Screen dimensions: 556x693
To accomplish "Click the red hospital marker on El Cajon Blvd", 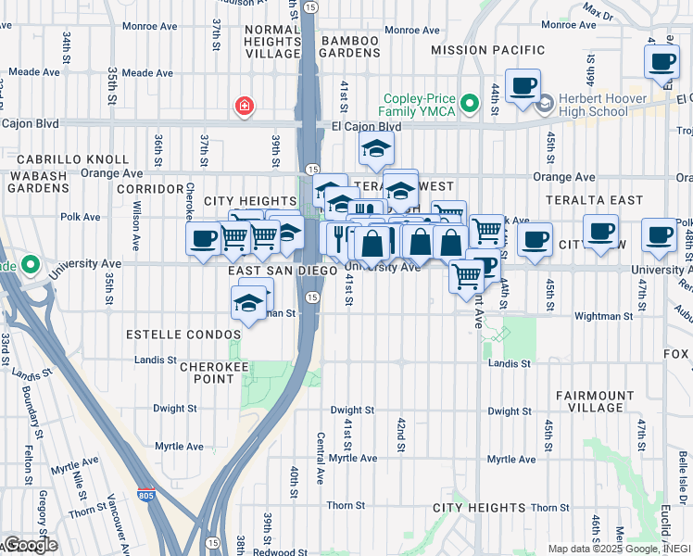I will coord(245,107).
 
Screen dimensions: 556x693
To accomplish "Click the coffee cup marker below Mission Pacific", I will coord(523,85).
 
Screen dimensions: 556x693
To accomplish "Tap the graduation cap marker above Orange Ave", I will coord(376,147).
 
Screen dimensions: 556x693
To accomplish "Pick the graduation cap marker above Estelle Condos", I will coord(247,302).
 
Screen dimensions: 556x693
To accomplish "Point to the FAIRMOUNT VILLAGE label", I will coord(595,401).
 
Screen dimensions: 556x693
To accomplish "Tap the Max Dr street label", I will coord(598,12).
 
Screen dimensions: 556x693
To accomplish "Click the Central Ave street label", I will coord(320,459).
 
